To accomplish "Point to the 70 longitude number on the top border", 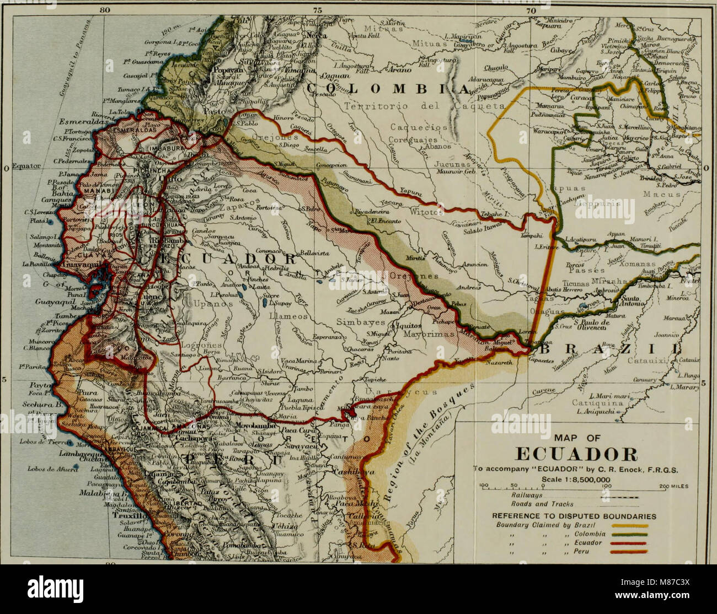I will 531,9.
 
